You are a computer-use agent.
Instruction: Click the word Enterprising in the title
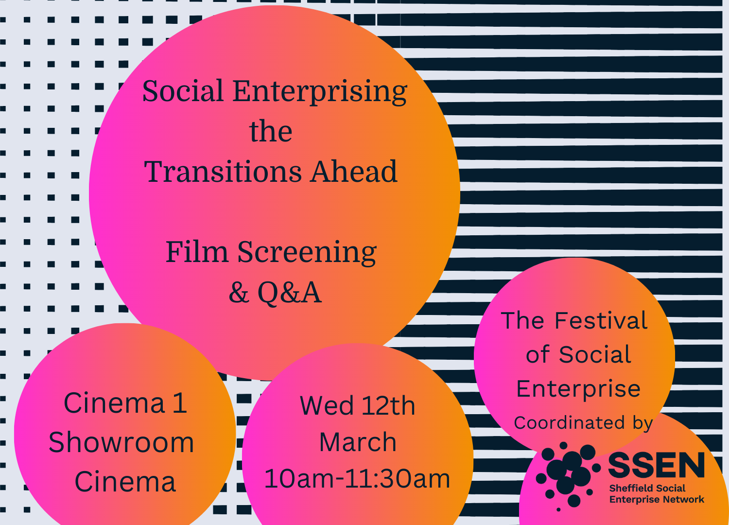[x=320, y=92]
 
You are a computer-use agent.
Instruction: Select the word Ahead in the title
[x=354, y=172]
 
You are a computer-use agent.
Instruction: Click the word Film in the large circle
[x=197, y=252]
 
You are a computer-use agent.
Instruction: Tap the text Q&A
[x=289, y=293]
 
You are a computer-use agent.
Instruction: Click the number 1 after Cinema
[x=179, y=403]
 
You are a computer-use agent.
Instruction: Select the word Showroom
[x=121, y=443]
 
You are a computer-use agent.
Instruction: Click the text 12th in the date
[x=388, y=406]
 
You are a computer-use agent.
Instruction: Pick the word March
[x=358, y=442]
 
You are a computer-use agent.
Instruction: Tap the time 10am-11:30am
[x=357, y=479]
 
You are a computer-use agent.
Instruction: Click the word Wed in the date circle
[x=327, y=406]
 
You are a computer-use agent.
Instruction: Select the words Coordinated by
[x=583, y=423]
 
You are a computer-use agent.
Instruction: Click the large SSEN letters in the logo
[x=656, y=466]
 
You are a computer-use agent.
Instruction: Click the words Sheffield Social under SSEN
[x=647, y=488]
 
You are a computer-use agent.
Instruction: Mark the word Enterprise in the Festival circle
[x=578, y=389]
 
